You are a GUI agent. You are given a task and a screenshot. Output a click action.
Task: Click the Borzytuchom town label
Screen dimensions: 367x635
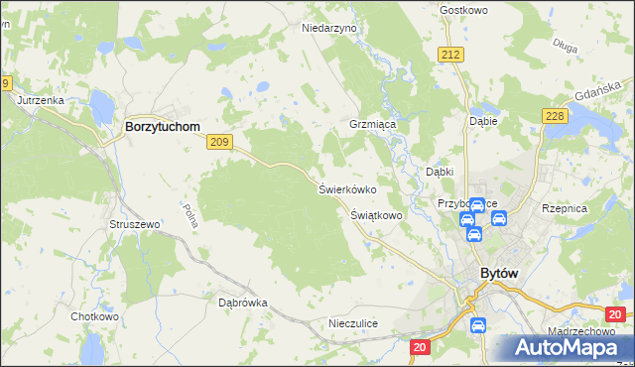162,127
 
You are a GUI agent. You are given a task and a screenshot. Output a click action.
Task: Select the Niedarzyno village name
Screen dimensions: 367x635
328,29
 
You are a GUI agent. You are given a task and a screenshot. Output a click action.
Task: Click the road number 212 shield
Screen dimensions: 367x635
451,55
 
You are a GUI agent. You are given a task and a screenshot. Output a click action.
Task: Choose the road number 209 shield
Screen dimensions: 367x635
220,143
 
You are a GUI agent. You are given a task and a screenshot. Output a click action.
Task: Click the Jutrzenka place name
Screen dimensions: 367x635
40,101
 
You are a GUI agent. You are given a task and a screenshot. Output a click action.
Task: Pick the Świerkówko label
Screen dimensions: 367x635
346,188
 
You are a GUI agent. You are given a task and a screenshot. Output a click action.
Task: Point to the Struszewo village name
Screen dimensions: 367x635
134,225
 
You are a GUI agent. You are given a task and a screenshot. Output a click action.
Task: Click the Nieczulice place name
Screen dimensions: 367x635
353,324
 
